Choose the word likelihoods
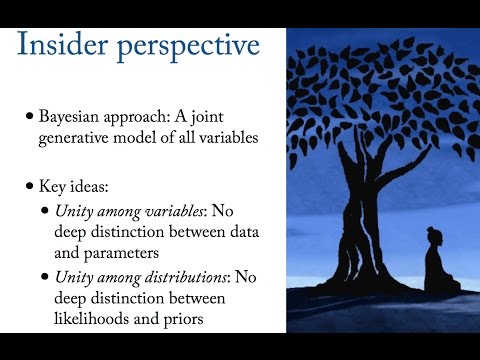pyautogui.click(x=91, y=319)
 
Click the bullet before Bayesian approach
pyautogui.click(x=30, y=116)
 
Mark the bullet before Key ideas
pyautogui.click(x=30, y=186)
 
